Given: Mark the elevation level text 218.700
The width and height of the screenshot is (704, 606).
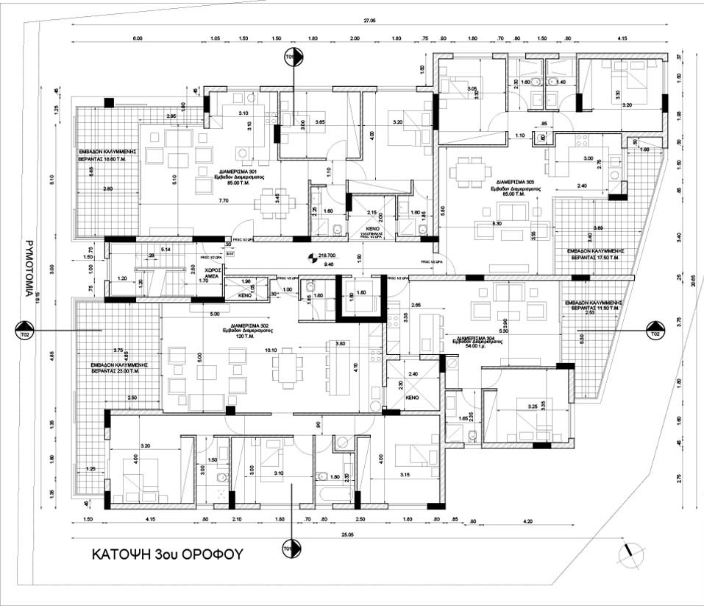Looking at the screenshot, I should click(328, 253).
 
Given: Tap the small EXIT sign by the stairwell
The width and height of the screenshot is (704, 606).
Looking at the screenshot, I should click(230, 253).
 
